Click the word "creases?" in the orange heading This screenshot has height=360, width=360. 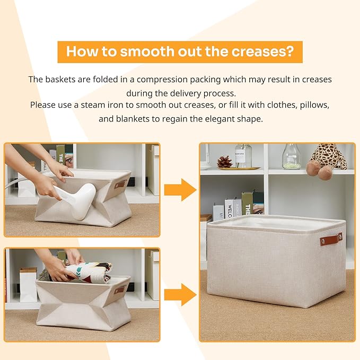click(262, 51)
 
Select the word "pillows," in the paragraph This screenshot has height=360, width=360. click(314, 105)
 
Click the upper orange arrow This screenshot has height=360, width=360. click(180, 190)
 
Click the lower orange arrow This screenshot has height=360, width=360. click(180, 295)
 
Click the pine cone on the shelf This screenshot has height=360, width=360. click(225, 162)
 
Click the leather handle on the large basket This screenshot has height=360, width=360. click(331, 239)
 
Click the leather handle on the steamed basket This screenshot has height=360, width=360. click(120, 184)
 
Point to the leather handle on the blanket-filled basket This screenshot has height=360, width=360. click(120, 289)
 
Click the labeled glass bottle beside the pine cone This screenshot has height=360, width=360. click(243, 155)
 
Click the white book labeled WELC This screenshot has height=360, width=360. click(229, 208)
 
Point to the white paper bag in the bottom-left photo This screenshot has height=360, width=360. click(28, 285)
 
